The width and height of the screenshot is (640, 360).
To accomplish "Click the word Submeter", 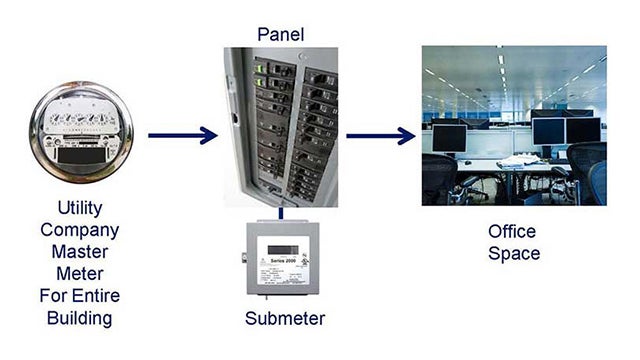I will click(x=285, y=319).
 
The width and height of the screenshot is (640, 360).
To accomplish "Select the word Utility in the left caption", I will click(x=80, y=210).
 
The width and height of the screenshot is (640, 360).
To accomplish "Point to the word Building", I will click(x=80, y=319).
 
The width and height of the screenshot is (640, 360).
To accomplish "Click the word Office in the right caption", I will click(x=513, y=231).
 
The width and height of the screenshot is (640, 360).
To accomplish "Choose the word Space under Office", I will click(x=513, y=254).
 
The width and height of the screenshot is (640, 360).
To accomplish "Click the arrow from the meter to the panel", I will click(x=182, y=135).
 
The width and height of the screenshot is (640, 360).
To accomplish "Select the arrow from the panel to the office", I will click(x=380, y=135).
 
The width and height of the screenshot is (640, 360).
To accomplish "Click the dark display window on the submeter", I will click(x=276, y=246).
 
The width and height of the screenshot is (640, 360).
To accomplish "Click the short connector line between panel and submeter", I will click(x=281, y=212).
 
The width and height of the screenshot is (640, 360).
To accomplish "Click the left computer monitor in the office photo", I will click(x=449, y=137).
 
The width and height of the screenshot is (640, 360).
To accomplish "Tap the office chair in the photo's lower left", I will click(x=438, y=180).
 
